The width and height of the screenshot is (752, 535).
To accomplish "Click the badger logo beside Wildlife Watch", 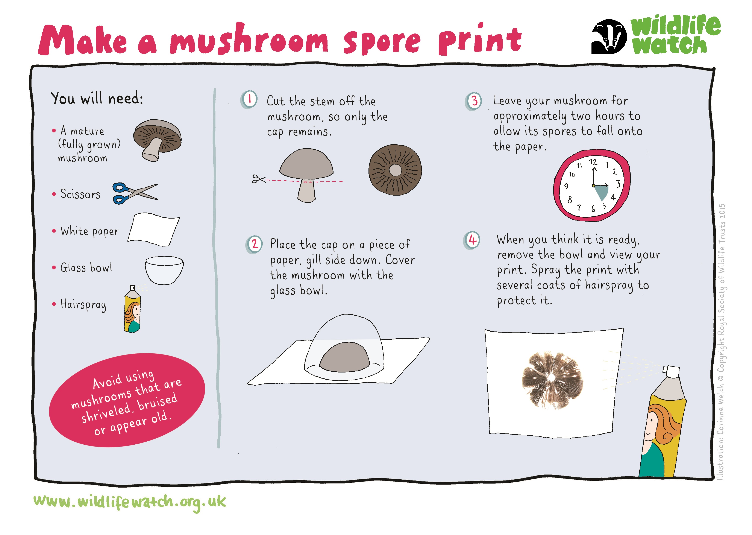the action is pyautogui.click(x=609, y=36).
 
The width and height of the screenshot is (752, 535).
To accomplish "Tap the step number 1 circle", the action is pyautogui.click(x=249, y=99).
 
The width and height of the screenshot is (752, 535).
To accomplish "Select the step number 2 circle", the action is pyautogui.click(x=254, y=245).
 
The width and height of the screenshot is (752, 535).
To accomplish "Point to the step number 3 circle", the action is pyautogui.click(x=474, y=101).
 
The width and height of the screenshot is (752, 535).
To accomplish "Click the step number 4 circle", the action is pyautogui.click(x=472, y=240).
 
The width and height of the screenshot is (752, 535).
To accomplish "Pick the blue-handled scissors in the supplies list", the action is pyautogui.click(x=135, y=193).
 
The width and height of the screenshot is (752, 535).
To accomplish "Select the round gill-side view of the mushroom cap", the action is pyautogui.click(x=395, y=170).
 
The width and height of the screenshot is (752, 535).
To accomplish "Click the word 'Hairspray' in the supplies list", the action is pyautogui.click(x=83, y=305).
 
